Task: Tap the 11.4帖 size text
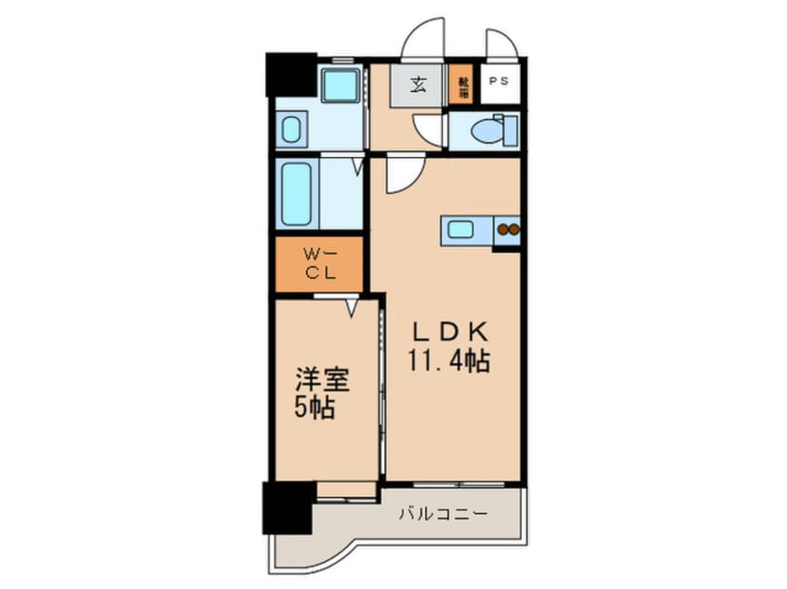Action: pyautogui.click(x=447, y=360)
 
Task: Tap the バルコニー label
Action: pyautogui.click(x=443, y=514)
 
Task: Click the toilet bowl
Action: pyautogui.click(x=489, y=130)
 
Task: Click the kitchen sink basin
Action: pyautogui.click(x=461, y=229)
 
